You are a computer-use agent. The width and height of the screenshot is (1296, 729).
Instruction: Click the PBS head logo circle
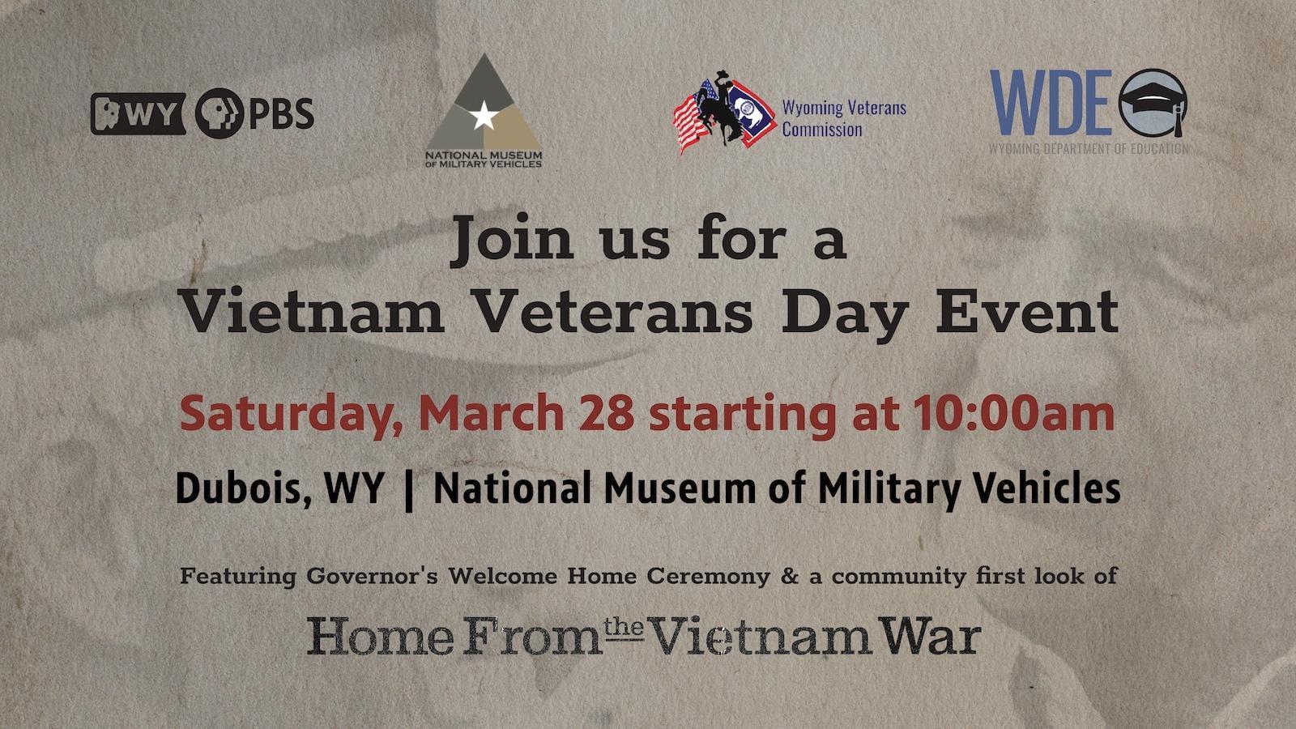pos(220,113)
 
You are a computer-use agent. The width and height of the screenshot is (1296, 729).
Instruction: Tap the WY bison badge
pos(139,114)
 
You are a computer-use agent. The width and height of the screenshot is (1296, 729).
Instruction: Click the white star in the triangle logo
pos(484,116)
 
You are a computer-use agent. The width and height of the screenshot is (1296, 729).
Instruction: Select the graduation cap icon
pos(1153,103)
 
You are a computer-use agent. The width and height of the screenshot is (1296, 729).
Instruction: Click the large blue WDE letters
pos(1051,102)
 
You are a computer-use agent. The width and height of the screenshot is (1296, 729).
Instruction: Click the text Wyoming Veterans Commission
pos(844,118)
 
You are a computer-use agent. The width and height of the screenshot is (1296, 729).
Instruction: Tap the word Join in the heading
pos(512,240)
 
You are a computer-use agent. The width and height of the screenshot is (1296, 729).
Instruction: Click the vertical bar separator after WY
pos(409,491)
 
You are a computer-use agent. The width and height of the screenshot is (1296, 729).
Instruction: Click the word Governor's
pos(372,576)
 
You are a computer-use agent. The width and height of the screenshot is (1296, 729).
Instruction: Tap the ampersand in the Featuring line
pos(789,576)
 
